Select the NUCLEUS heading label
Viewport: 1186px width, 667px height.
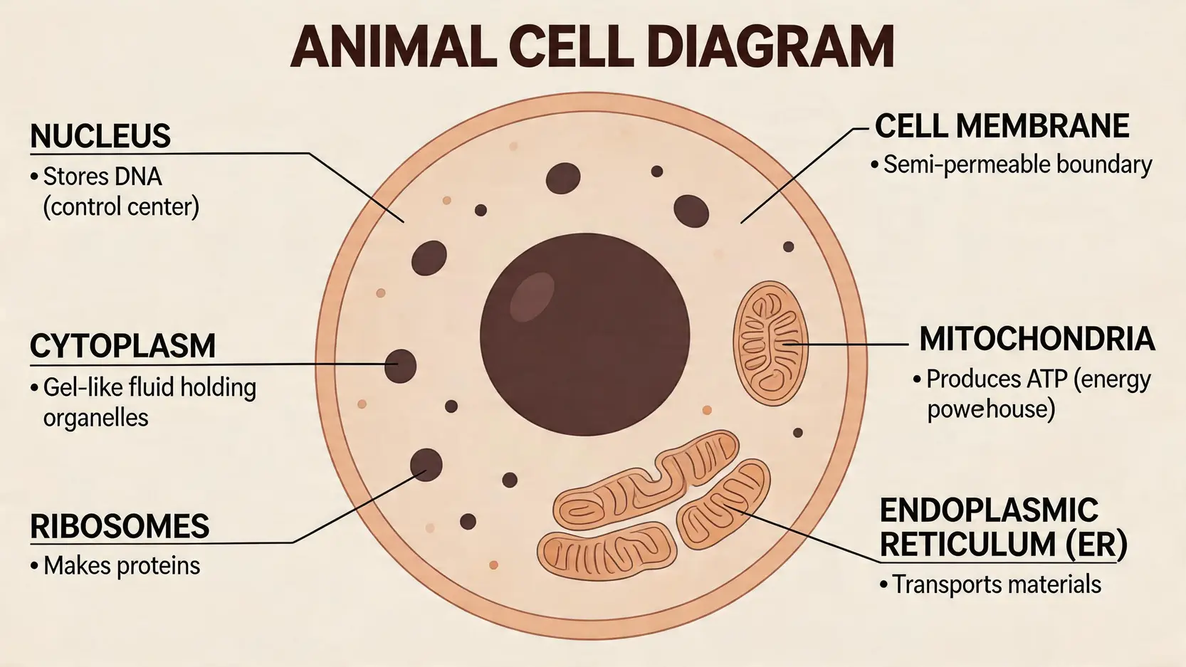click(x=100, y=136)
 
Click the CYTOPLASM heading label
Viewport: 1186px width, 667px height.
click(x=122, y=346)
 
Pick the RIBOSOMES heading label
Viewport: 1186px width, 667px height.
click(x=120, y=527)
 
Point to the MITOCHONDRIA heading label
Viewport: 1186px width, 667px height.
click(x=1037, y=339)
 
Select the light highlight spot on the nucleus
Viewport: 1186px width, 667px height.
click(x=532, y=297)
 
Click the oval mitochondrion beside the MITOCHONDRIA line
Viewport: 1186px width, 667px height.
click(x=770, y=343)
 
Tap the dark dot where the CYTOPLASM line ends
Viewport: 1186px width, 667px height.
click(x=400, y=366)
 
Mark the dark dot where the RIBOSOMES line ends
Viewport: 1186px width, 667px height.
click(x=426, y=465)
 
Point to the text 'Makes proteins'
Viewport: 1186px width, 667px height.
click(x=122, y=566)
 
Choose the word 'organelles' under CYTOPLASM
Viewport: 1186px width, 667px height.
click(x=96, y=417)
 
